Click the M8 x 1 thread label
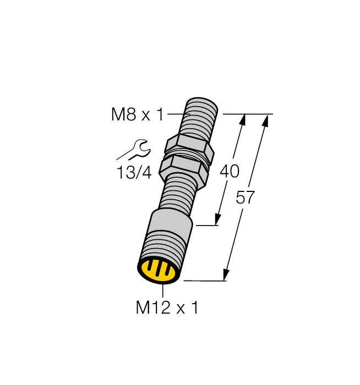138,115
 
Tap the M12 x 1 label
167,309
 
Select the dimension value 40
229,171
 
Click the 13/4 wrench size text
133,173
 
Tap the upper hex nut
188,146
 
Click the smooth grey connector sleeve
171,226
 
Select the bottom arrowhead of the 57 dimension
226,276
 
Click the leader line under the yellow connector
163,291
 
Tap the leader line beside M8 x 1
177,114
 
